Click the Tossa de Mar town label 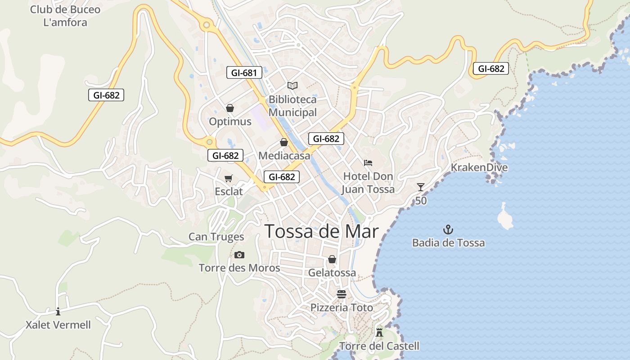(322, 231)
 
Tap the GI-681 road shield (244, 72)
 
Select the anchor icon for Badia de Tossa (448, 230)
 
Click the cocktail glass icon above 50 (421, 187)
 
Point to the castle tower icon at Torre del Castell (379, 333)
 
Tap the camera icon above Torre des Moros (239, 255)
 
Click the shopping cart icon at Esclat (229, 179)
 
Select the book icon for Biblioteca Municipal (292, 85)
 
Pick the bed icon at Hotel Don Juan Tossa (368, 162)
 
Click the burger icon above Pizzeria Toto (342, 294)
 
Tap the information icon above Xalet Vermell (58, 311)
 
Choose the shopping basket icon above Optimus (230, 108)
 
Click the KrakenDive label (479, 168)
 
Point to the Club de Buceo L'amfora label (65, 16)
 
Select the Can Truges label (216, 237)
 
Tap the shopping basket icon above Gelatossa (332, 259)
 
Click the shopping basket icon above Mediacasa (284, 143)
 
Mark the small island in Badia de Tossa (505, 217)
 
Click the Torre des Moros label (239, 268)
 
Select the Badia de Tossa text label (449, 243)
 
